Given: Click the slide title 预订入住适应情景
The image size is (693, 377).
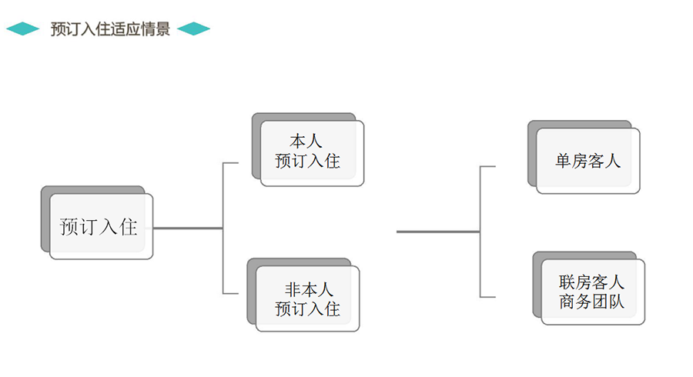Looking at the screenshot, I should [x=110, y=29].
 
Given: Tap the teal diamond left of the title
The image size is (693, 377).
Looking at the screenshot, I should [x=23, y=29].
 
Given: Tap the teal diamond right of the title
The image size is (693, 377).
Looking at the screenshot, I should [x=193, y=29].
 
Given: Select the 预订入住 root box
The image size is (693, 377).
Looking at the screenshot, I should [x=101, y=227].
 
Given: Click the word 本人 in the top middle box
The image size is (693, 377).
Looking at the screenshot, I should [x=306, y=142].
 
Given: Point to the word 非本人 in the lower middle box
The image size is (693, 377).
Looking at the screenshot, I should [x=308, y=290].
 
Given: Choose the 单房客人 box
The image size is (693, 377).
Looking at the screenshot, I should [x=588, y=162].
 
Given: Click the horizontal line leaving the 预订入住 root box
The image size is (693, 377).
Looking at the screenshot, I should [x=188, y=228].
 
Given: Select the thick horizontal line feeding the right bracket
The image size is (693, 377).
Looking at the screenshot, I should [x=437, y=231].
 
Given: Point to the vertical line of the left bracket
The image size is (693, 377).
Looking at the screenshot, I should [x=223, y=228].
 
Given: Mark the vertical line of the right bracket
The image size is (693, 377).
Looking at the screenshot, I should [x=480, y=231].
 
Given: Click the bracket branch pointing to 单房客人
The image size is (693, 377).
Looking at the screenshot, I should [x=488, y=166].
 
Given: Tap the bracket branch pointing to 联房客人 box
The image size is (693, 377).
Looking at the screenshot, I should [x=488, y=296].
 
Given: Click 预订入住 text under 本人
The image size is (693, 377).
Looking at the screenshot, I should [x=307, y=162].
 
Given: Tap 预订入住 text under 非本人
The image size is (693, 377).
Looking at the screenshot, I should [x=307, y=309].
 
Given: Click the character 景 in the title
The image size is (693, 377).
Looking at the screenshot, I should [x=162, y=29].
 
